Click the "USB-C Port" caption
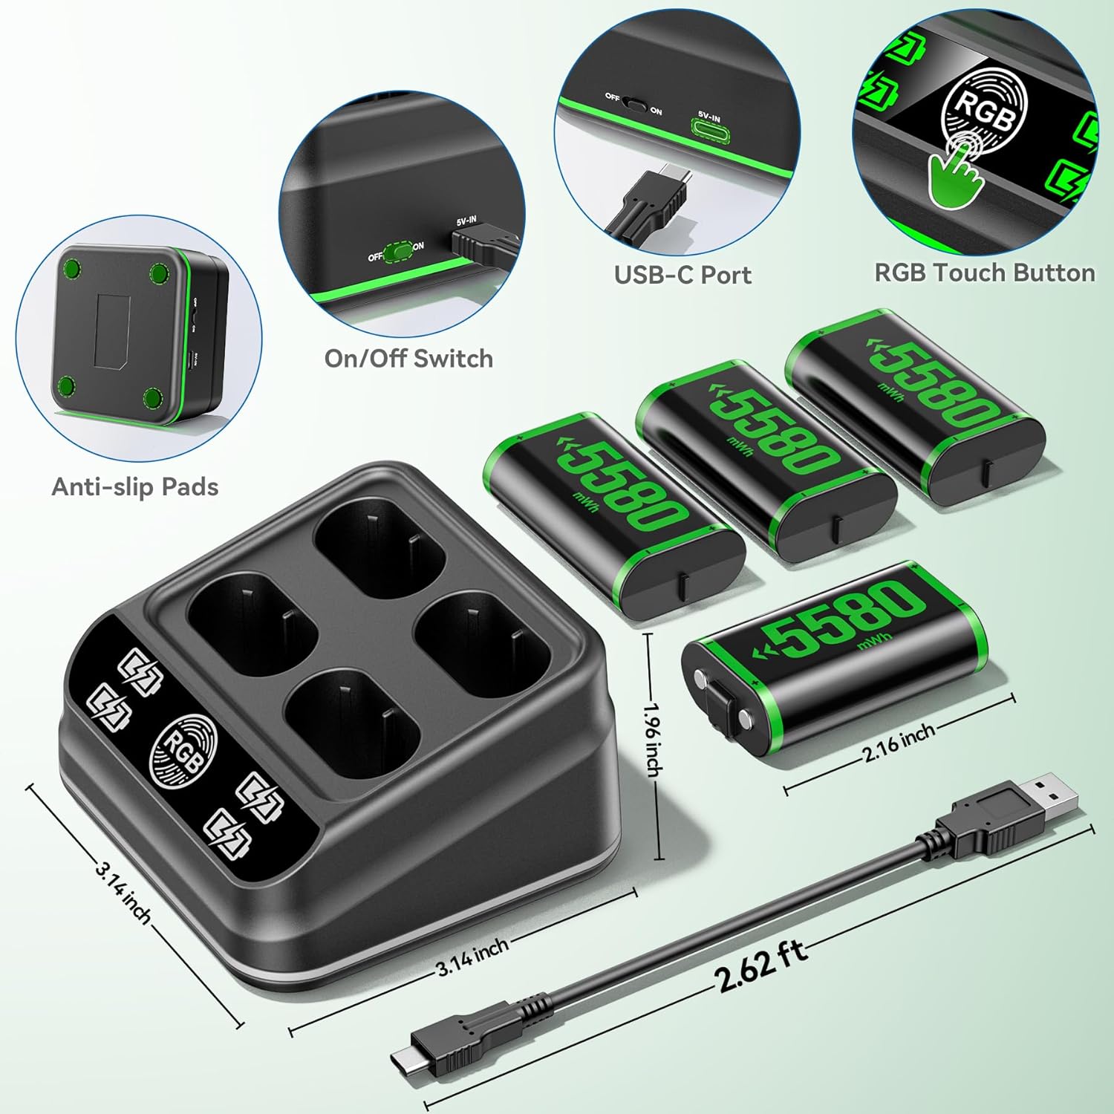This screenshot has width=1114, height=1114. tap(683, 275)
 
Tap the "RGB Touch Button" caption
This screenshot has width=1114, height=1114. tap(984, 273)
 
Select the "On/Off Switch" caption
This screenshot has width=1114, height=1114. tap(408, 358)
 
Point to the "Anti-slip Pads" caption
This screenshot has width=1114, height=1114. tap(135, 486)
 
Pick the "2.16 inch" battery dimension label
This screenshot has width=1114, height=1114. tap(899, 743)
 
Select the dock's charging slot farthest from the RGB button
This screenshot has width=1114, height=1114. tap(379, 553)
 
